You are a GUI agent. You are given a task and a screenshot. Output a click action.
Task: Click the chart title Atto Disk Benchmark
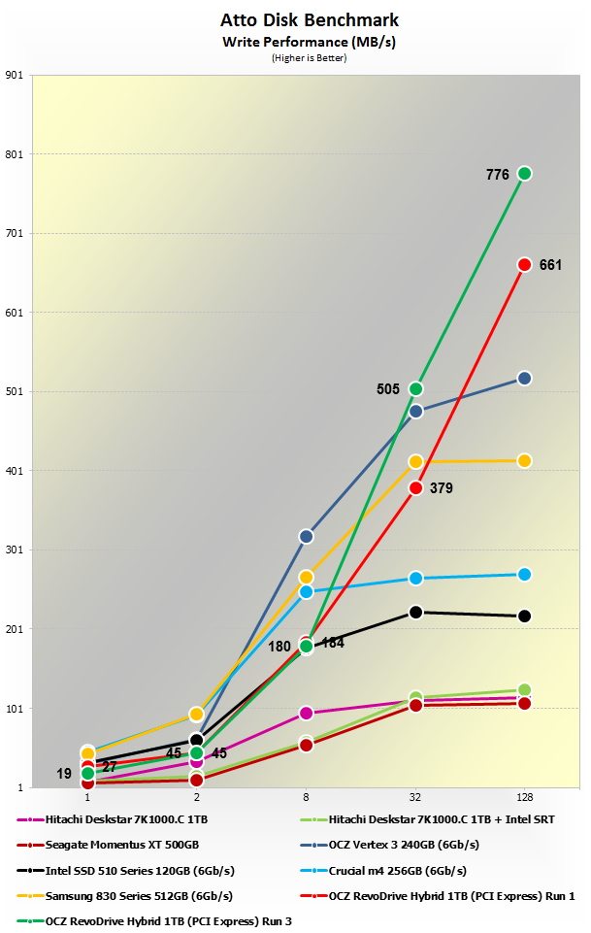click(295, 19)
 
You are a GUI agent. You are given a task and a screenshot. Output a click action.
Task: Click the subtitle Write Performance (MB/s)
click(295, 41)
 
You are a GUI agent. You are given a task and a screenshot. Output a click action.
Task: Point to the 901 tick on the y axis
click(15, 75)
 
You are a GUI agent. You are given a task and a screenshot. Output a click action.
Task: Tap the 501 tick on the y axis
click(15, 391)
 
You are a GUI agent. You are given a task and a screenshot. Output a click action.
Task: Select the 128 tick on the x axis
click(524, 796)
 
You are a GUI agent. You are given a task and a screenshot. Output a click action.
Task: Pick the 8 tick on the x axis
click(306, 796)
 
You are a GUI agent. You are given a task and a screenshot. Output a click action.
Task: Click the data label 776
click(498, 175)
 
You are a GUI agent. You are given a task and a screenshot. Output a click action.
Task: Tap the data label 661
click(550, 265)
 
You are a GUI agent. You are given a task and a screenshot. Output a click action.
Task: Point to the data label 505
click(388, 389)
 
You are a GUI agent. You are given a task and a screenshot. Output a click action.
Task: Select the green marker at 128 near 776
click(524, 173)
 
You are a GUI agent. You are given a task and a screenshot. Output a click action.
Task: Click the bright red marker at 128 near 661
click(524, 264)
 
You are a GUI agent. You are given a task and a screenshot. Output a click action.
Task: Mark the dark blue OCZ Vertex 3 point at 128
click(524, 378)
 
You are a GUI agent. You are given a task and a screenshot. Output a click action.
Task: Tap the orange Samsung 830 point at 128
click(524, 460)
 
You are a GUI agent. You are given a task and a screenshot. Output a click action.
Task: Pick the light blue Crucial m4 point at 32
click(415, 578)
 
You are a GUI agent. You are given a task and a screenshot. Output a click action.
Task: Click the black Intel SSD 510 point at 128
click(524, 616)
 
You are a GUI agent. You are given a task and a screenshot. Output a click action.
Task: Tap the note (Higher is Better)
click(295, 58)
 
